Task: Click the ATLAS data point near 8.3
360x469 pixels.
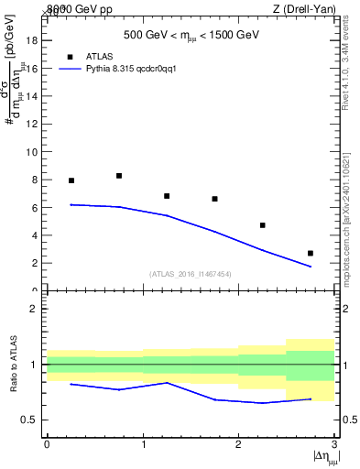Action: [119, 176]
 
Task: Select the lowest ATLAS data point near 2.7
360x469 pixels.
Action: [311, 253]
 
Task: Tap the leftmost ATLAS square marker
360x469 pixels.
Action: [71, 180]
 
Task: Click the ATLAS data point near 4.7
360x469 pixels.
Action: [263, 225]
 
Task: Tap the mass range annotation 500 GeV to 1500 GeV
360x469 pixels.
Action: [191, 36]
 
